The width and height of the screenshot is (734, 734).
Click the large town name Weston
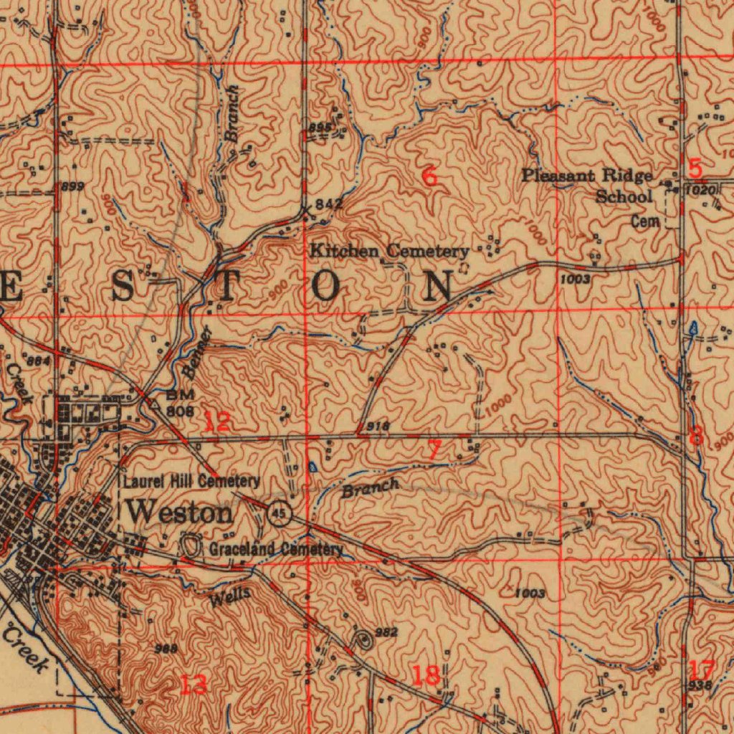pyautogui.click(x=179, y=513)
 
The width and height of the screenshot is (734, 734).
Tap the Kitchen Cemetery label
pyautogui.click(x=389, y=252)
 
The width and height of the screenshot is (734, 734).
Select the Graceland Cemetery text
pyautogui.click(x=276, y=549)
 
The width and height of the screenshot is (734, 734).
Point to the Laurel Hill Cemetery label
pyautogui.click(x=191, y=481)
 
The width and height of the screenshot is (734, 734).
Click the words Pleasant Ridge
pyautogui.click(x=587, y=176)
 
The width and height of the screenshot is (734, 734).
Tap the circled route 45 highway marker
pyautogui.click(x=279, y=513)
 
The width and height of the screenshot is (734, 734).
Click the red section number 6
pyautogui.click(x=429, y=176)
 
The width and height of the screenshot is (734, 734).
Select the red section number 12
pyautogui.click(x=216, y=421)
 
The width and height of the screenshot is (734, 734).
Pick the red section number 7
pyautogui.click(x=434, y=450)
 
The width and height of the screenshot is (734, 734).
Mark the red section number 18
pyautogui.click(x=426, y=675)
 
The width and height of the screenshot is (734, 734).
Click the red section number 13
pyautogui.click(x=194, y=684)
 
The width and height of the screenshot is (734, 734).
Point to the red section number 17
pyautogui.click(x=701, y=670)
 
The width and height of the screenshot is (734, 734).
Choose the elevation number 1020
pyautogui.click(x=700, y=191)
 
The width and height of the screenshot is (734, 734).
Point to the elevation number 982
pyautogui.click(x=386, y=632)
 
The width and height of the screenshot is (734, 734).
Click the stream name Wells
pyautogui.click(x=230, y=595)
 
